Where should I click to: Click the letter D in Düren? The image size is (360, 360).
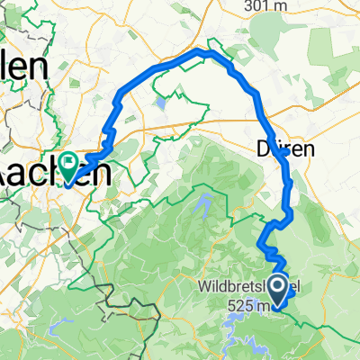(262, 149)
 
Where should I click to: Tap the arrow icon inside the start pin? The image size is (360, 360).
(278, 287)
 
